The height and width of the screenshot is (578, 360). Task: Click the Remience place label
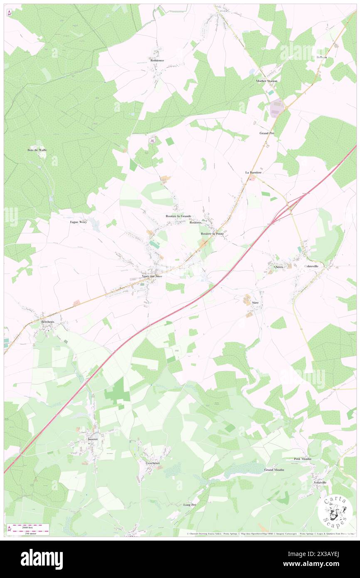[x=157, y=60]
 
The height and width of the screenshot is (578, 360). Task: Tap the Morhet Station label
[x=266, y=81]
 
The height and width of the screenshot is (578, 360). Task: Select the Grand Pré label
[x=267, y=133]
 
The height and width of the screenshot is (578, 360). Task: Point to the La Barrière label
[x=253, y=172]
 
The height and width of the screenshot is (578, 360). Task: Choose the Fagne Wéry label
[x=78, y=222]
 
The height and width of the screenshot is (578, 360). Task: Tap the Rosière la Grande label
[x=178, y=216]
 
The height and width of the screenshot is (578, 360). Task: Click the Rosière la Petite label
[x=212, y=234]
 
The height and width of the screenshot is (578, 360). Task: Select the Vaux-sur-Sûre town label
[x=152, y=276]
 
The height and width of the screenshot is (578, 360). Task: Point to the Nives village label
[x=278, y=267]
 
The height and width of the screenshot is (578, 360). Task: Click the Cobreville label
[x=313, y=267]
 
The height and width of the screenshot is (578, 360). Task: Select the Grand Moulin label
[x=274, y=470]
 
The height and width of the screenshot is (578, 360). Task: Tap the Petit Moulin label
[x=302, y=459]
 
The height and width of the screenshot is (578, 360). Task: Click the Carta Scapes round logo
[x=335, y=511]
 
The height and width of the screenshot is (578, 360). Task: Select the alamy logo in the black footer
[x=42, y=559]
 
